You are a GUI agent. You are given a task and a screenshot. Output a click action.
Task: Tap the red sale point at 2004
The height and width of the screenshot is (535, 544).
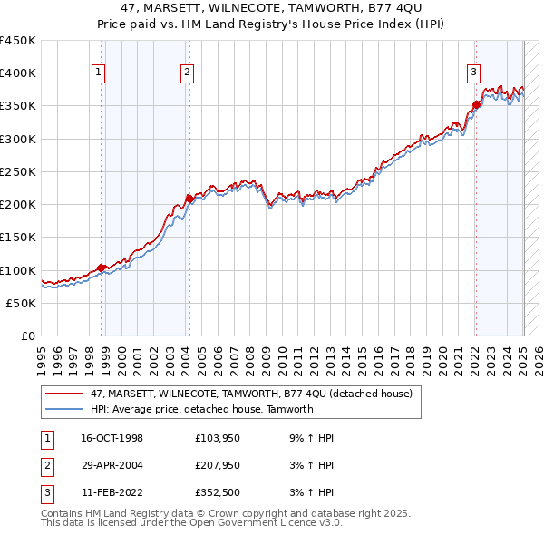pyautogui.click(x=189, y=199)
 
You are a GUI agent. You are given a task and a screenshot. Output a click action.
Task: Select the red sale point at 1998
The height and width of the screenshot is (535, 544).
pyautogui.click(x=102, y=267)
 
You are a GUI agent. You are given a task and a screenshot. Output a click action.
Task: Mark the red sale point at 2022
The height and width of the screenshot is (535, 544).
pyautogui.click(x=476, y=104)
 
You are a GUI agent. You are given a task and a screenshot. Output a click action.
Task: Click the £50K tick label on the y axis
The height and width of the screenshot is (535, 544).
pyautogui.click(x=21, y=304)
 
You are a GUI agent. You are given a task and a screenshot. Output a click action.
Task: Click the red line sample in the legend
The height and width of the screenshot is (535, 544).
pyautogui.click(x=64, y=394)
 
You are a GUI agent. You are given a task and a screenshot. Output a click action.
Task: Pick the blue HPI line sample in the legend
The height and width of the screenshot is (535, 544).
pyautogui.click(x=64, y=409)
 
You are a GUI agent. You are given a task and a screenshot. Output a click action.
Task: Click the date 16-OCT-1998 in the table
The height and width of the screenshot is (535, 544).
pyautogui.click(x=112, y=438)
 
